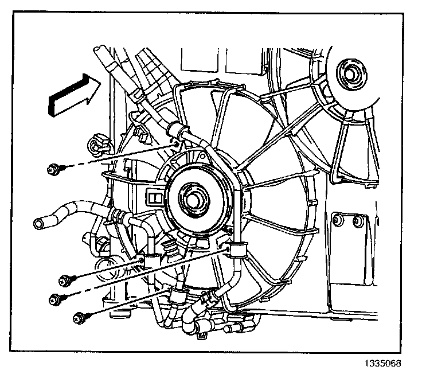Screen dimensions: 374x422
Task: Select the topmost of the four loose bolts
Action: click(x=53, y=169)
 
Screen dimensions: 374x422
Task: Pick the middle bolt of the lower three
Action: click(x=56, y=299)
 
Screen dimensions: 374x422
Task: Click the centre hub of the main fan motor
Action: click(x=194, y=199)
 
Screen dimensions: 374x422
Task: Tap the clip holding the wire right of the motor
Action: click(x=235, y=250)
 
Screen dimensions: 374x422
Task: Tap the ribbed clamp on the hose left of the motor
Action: click(x=119, y=217)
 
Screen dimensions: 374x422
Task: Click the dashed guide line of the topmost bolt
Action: click(x=115, y=157)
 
